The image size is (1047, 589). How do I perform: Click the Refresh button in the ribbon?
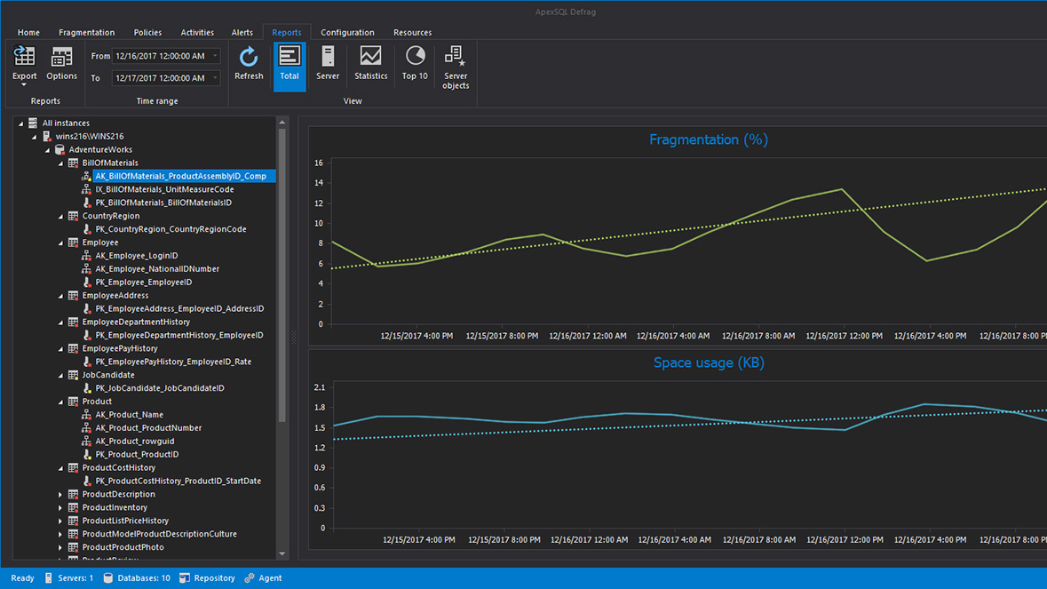point(249,64)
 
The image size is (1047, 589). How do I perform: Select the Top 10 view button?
point(415,64)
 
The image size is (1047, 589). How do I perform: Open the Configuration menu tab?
point(347,33)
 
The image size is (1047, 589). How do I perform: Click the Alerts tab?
point(242,33)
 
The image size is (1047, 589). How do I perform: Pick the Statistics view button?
point(370,64)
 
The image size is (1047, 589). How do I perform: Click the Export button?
point(25,65)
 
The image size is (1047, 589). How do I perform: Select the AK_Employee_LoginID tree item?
point(137,256)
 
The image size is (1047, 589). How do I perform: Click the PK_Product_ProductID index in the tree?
point(137,455)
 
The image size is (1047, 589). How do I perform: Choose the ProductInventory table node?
point(115,508)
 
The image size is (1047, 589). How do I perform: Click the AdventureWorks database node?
point(100,150)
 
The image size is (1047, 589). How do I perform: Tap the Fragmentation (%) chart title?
point(708,139)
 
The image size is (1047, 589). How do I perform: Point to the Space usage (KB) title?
point(709,362)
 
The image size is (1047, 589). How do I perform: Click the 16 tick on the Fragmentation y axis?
point(320,163)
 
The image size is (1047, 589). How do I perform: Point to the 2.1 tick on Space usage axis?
point(320,388)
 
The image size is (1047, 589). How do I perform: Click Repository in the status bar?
point(213,578)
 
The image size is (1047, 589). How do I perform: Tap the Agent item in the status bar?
point(269,578)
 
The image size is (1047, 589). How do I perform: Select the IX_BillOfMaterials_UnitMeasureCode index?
point(164,189)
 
